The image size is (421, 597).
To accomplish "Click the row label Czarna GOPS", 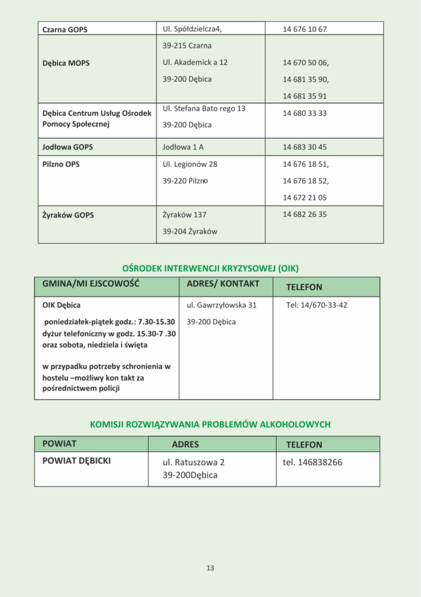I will tap(65, 29).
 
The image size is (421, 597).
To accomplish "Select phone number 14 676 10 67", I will tap(304, 29).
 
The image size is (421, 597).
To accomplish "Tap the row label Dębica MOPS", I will tap(66, 63).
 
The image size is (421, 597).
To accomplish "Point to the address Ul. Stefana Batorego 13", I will tap(204, 108).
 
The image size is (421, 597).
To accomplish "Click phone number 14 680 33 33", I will tap(304, 113).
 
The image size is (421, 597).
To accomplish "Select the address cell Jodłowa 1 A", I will tap(183, 147).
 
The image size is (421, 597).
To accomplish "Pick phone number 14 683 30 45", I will tap(304, 147).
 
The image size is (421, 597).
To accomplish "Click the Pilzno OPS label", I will tap(61, 164).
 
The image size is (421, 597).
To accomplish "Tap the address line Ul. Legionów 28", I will tap(190, 164).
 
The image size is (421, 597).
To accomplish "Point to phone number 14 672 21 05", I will tap(304, 198).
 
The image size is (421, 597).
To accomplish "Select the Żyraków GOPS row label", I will tap(68, 215).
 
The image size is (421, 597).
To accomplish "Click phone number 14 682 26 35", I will tap(304, 215).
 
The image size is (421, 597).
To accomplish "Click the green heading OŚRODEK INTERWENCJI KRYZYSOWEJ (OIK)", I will tap(210, 268).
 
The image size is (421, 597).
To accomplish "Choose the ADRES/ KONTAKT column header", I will tap(223, 284).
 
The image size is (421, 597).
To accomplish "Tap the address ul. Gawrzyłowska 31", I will tap(221, 305).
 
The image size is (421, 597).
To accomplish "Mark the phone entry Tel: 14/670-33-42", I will tap(317, 305).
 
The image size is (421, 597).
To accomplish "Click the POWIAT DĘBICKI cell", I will tap(76, 461).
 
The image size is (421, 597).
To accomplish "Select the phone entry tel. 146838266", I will tap(312, 462).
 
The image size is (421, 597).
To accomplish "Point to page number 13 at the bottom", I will tap(210, 568).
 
